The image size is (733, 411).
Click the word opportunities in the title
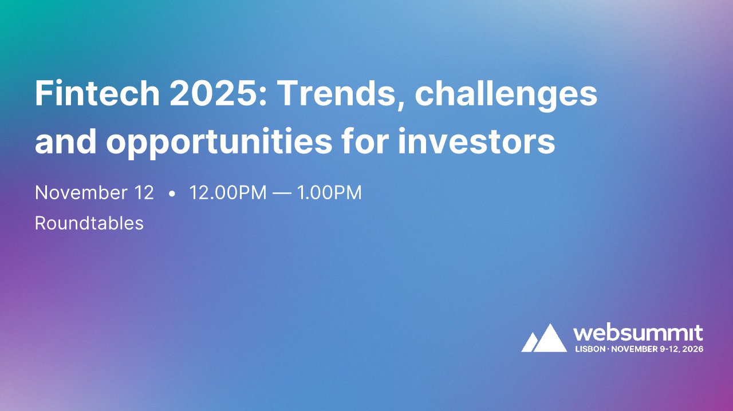[x=219, y=143]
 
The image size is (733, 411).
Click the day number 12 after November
[x=143, y=193]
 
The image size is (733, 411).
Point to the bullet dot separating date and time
[x=172, y=194]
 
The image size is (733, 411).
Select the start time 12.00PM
[x=228, y=193]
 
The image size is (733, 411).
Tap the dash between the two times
[x=281, y=193]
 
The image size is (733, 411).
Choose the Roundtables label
[x=89, y=223]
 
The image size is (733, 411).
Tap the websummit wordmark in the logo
[x=638, y=333]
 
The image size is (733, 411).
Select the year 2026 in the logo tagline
[x=693, y=349]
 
